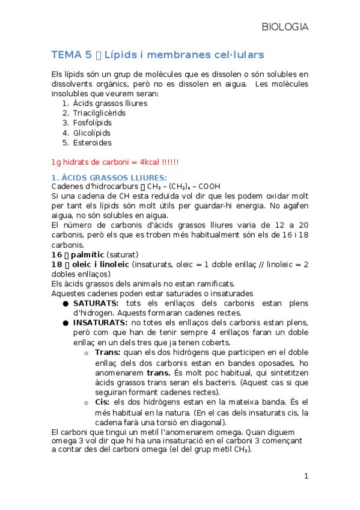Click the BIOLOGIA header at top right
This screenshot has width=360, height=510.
pyautogui.click(x=285, y=27)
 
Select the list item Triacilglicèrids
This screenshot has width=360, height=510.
pyautogui.click(x=99, y=113)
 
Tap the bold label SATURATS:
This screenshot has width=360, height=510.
pyautogui.click(x=96, y=303)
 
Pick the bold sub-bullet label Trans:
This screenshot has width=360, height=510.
pyautogui.click(x=107, y=352)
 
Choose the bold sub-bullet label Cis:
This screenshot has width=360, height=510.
pyautogui.click(x=103, y=402)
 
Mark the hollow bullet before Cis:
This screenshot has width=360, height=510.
pyautogui.click(x=88, y=402)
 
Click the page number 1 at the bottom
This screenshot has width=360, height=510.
pyautogui.click(x=306, y=476)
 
